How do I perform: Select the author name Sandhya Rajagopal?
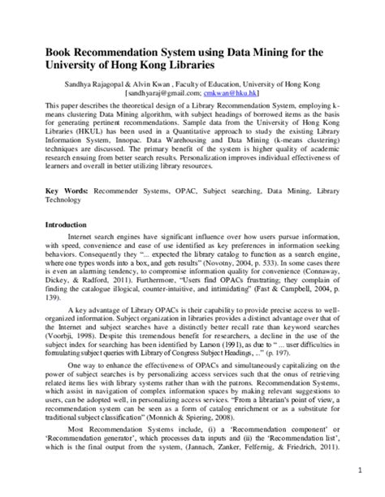[x=102, y=84]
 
